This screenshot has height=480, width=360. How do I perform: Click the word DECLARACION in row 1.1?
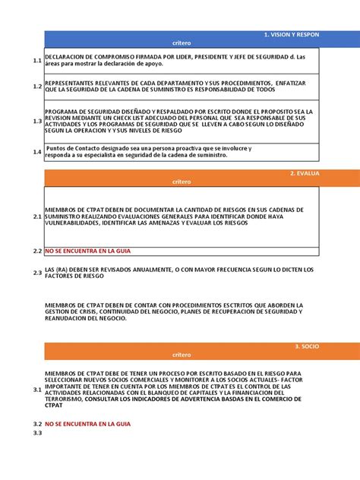[x=65, y=56]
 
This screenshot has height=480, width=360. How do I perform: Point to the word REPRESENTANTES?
[x=70, y=81]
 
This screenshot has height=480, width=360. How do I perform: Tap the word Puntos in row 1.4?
[x=58, y=148]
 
